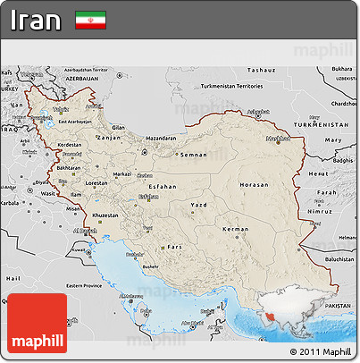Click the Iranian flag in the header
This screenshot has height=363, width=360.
90,20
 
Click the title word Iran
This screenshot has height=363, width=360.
37,21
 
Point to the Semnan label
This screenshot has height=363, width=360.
194,155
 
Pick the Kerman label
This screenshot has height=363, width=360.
236,230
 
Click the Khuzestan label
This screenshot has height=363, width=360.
105,215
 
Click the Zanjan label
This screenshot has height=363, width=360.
109,138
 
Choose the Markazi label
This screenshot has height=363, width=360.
123,174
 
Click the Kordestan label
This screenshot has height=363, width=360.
69,144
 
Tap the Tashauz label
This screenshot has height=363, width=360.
261,69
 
